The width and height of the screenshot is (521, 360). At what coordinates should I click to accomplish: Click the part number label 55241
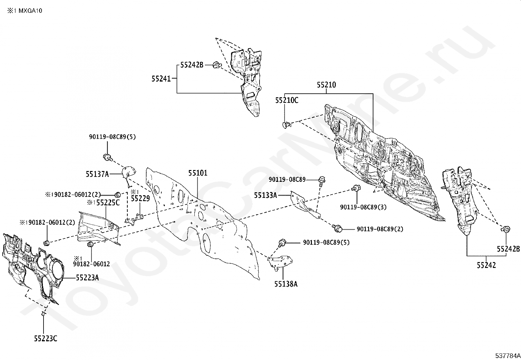tap(161, 79)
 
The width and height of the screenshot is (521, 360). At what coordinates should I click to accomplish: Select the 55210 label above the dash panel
tap(326, 85)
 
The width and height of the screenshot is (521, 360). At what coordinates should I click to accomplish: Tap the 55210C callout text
tap(287, 100)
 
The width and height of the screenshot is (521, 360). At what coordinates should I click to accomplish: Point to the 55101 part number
tap(198, 173)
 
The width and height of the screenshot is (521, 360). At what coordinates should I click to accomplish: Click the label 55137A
tap(97, 174)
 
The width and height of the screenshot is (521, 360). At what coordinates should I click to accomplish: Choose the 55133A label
tap(265, 195)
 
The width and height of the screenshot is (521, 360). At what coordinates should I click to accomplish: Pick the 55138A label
tap(286, 284)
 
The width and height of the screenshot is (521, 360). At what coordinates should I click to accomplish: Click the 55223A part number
tap(87, 278)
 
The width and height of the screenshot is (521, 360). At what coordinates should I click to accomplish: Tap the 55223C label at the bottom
tap(45, 339)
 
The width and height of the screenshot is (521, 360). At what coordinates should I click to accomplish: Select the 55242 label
tap(486, 265)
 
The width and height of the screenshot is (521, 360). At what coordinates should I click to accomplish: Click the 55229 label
tap(140, 199)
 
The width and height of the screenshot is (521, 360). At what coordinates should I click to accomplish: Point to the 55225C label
tap(108, 203)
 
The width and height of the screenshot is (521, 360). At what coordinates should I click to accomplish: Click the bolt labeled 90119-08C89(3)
tap(356, 188)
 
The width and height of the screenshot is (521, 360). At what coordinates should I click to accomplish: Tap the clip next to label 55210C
tap(286, 125)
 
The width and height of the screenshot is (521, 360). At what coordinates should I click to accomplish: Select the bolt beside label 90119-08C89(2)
tap(337, 228)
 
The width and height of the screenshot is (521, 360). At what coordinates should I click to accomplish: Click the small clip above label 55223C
tap(43, 314)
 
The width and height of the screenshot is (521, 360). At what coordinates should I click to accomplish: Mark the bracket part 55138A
tap(280, 263)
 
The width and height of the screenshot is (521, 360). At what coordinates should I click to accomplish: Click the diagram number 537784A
tap(508, 356)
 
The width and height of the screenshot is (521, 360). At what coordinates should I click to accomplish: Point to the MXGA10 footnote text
tap(30, 11)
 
